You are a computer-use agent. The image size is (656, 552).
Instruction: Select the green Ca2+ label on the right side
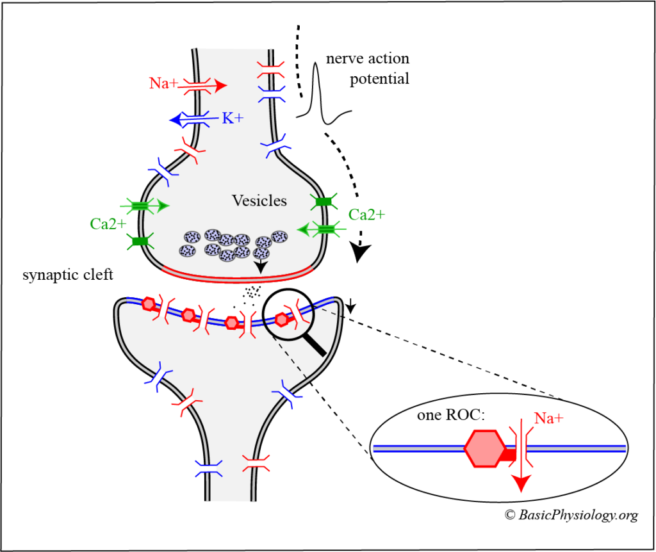click(x=367, y=214)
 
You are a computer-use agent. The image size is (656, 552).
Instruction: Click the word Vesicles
click(x=259, y=201)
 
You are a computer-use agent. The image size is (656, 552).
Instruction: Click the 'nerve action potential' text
click(x=367, y=69)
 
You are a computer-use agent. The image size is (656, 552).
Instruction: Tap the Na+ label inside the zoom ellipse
click(x=549, y=418)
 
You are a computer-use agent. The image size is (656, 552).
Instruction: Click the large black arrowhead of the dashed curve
click(x=361, y=254)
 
